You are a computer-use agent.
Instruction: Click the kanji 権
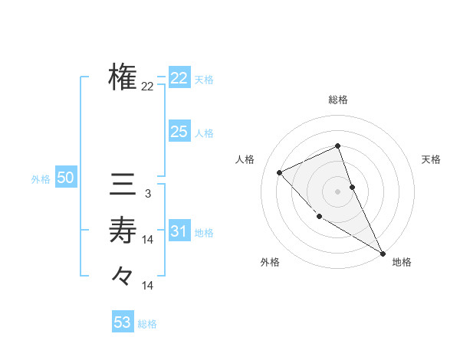123,77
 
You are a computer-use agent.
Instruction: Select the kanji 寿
123,229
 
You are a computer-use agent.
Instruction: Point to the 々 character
123,274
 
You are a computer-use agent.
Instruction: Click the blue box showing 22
179,77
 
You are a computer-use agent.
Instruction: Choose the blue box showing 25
179,132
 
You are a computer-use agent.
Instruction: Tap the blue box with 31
179,231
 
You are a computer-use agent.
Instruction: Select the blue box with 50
66,178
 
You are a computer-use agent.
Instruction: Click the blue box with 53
123,322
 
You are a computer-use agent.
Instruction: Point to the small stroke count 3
147,195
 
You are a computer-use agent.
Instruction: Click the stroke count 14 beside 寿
147,240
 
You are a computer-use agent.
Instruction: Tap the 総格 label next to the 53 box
147,324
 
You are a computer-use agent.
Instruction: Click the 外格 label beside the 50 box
41,179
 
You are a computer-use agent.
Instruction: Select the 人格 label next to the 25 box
204,133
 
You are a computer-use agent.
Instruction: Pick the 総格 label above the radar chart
338,100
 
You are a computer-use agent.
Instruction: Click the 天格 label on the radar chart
432,159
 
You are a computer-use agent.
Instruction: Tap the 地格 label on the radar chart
402,262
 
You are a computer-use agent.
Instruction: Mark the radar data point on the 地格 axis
383,253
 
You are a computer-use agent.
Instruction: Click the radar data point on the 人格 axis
280,172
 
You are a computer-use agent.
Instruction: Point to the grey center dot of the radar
337,191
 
